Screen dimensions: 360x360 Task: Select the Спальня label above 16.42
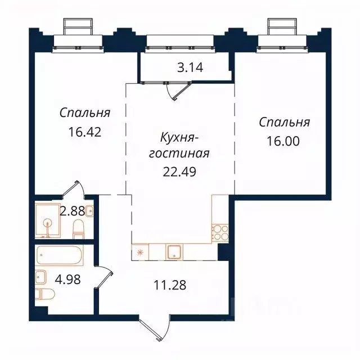pos(84,113)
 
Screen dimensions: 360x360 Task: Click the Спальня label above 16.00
pos(284,123)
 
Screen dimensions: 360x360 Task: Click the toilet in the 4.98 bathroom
pos(45,294)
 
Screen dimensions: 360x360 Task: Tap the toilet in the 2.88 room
pos(79,228)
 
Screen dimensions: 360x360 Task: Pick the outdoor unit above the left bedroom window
pos(78,26)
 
